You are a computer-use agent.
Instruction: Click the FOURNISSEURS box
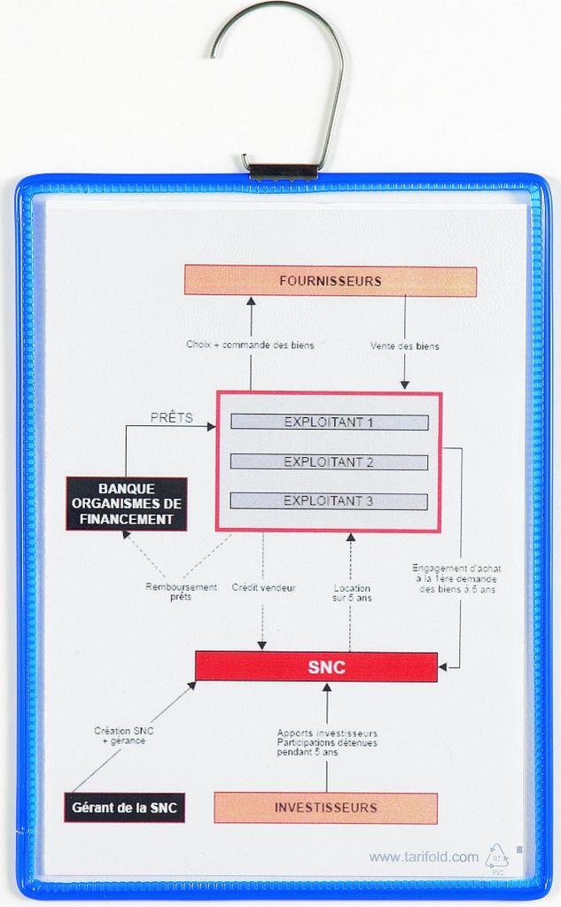click(x=330, y=282)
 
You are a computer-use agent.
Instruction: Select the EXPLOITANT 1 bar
click(x=329, y=422)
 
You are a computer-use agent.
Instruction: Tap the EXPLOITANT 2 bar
click(x=329, y=462)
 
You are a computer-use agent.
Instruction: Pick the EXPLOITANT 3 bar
click(x=329, y=501)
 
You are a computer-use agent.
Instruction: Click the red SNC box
click(x=316, y=667)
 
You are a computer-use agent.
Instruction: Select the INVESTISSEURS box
click(x=325, y=808)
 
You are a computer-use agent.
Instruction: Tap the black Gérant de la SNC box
click(x=124, y=808)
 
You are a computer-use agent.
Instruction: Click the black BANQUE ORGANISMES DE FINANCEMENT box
click(x=126, y=504)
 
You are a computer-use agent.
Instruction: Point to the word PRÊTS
click(x=172, y=418)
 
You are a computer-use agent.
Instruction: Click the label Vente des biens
click(x=404, y=346)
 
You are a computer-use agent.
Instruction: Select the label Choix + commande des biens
click(x=250, y=345)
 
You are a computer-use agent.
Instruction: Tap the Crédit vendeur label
click(x=263, y=587)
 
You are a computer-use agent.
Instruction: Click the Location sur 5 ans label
click(x=352, y=593)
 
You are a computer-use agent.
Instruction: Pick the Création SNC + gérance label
click(x=123, y=735)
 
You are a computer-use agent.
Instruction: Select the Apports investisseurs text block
click(x=327, y=742)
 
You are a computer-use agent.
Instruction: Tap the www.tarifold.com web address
click(x=424, y=857)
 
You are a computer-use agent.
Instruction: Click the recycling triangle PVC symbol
click(x=496, y=857)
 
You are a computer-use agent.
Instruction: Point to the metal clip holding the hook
click(x=280, y=170)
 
